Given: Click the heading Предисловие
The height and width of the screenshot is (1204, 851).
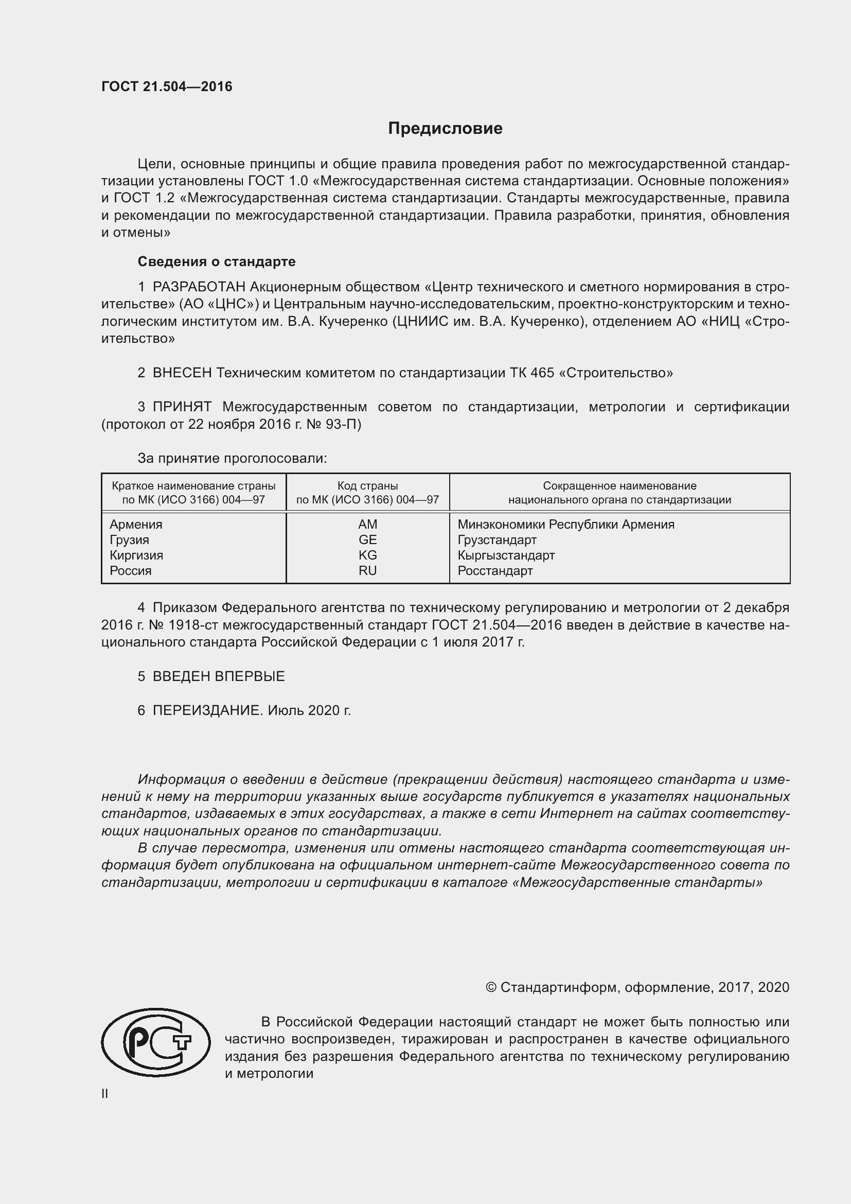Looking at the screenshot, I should coord(445,129).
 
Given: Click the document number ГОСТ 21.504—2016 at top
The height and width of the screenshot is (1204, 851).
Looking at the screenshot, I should coord(167,86).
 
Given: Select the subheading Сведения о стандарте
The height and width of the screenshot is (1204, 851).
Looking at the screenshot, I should coord(217,261).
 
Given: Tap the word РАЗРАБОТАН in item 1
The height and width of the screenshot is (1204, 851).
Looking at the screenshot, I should coord(199,287).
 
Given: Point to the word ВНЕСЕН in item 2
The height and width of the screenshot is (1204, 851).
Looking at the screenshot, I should coord(182,373).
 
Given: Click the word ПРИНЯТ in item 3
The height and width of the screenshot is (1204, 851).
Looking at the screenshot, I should coord(182,407).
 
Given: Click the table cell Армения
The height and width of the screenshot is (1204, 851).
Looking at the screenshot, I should coord(136,525).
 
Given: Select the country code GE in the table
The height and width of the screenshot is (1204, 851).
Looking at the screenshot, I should coord(367,539).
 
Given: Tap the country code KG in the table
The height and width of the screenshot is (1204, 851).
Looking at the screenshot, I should coord(367,555).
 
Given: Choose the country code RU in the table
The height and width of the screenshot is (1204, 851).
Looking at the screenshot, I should coord(367,570).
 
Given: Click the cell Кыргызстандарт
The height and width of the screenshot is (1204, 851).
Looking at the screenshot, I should coord(506,555).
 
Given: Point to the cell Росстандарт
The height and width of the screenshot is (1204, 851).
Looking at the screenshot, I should coord(494,570).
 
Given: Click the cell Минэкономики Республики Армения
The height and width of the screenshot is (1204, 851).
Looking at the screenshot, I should coord(565,525).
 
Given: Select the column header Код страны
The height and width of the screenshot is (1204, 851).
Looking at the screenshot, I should coord(367,486).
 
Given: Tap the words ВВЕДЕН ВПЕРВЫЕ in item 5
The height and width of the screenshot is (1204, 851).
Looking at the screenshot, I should coord(219,676).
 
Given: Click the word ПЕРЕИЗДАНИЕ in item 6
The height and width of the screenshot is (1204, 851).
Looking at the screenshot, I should coord(207,710).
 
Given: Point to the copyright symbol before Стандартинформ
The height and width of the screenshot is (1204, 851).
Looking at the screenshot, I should coord(490,987).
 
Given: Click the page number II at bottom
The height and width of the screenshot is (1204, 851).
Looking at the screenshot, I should coord(105,1094).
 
